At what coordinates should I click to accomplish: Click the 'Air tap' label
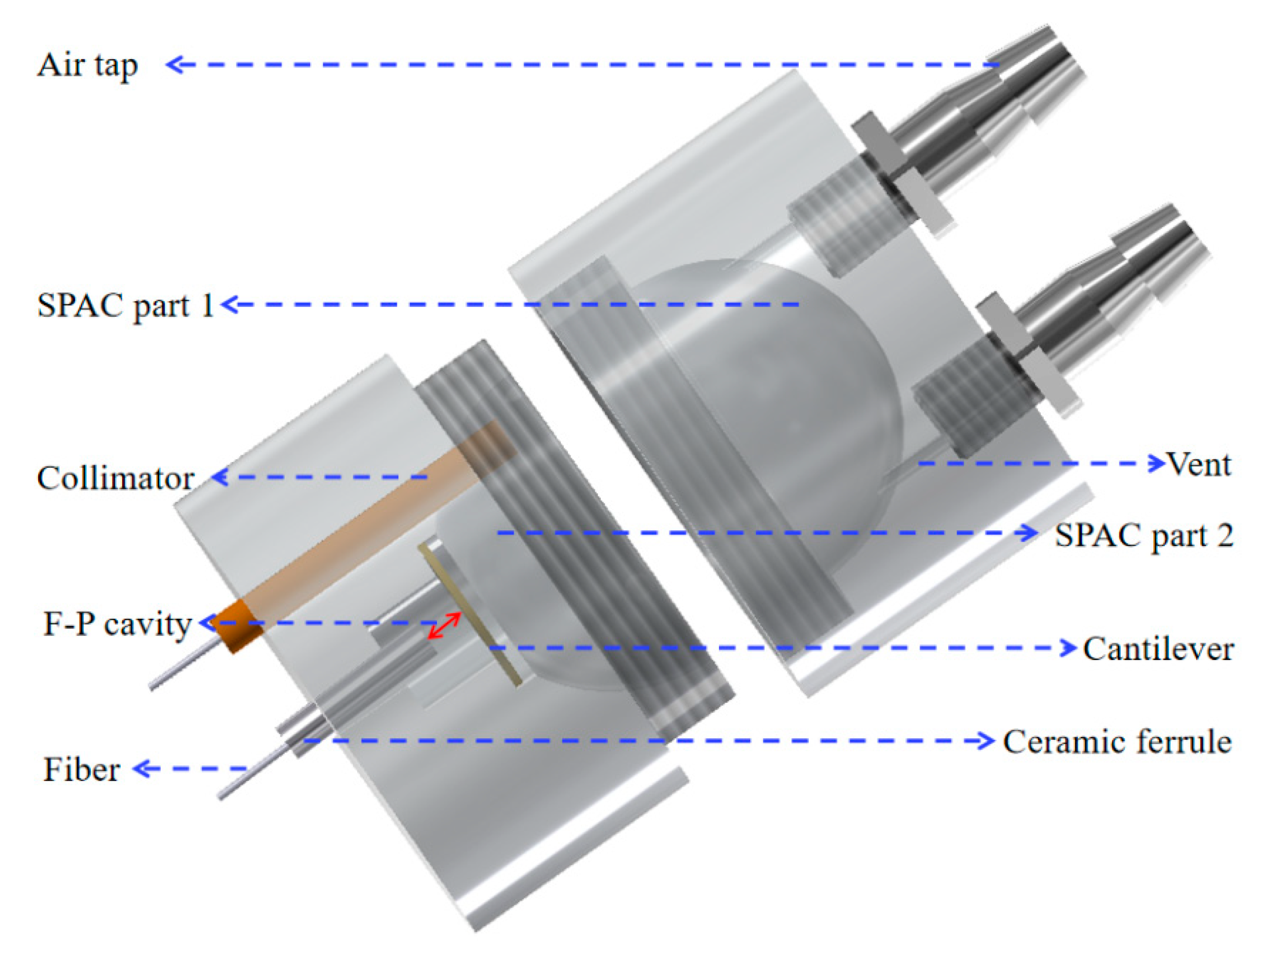pyautogui.click(x=88, y=66)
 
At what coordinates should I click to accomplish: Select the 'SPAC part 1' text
pyautogui.click(x=125, y=306)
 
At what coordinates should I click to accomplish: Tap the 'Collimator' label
pyautogui.click(x=115, y=478)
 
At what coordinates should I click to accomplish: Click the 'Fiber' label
pyautogui.click(x=81, y=770)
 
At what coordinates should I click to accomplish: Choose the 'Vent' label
pyautogui.click(x=1199, y=464)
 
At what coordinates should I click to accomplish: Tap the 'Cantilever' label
pyautogui.click(x=1159, y=648)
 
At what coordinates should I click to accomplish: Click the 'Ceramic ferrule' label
pyautogui.click(x=1117, y=741)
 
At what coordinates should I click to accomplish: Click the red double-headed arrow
pyautogui.click(x=444, y=626)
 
